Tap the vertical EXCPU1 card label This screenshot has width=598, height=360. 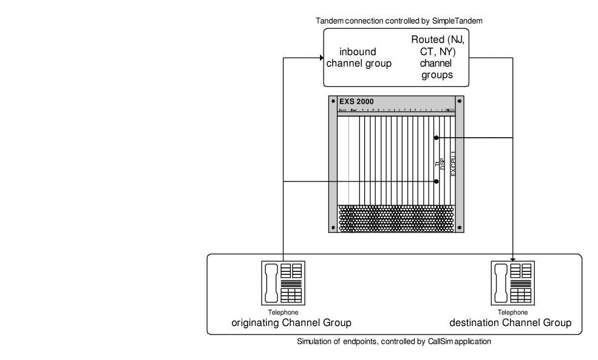pos(453,163)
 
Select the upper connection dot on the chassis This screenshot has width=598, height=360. pos(436,138)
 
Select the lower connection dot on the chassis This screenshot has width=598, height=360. pos(436,182)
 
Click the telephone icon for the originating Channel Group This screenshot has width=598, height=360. pos(283,284)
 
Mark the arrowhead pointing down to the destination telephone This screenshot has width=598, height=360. pos(514,259)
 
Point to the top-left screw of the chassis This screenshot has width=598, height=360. pos(333,101)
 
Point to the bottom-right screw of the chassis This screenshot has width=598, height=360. pos(460,228)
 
